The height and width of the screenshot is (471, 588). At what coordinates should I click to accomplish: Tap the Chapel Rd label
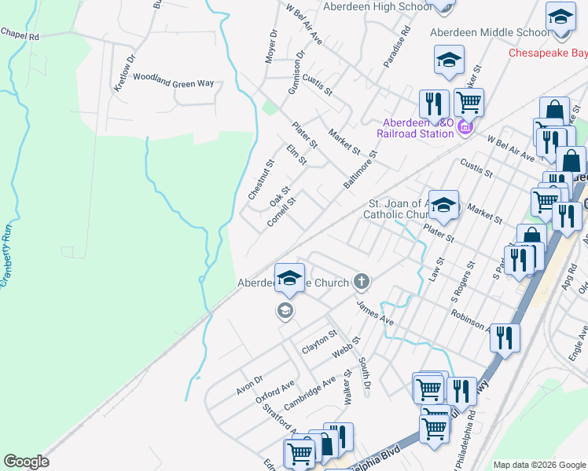point(20,35)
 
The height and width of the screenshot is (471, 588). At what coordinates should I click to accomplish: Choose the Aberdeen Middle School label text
point(489,33)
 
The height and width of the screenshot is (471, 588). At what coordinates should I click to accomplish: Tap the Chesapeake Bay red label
point(548,53)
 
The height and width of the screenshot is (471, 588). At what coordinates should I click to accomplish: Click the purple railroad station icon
point(465,126)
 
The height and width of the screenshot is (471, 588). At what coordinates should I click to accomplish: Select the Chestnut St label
point(260,180)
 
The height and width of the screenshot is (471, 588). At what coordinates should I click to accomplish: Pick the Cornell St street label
point(281,211)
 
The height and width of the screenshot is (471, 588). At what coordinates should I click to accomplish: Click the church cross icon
point(362,280)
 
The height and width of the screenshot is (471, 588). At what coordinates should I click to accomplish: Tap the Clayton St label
point(319,343)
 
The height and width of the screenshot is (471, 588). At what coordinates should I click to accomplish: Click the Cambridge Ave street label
point(310,390)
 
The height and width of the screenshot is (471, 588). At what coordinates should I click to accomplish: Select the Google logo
point(27,462)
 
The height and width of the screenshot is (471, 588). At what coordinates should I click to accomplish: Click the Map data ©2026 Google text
point(539,465)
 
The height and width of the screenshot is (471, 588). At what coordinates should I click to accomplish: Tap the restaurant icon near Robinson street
point(505,338)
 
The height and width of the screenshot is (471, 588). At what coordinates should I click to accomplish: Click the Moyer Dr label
point(272,46)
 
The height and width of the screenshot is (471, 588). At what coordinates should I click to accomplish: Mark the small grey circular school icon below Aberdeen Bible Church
point(285,312)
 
